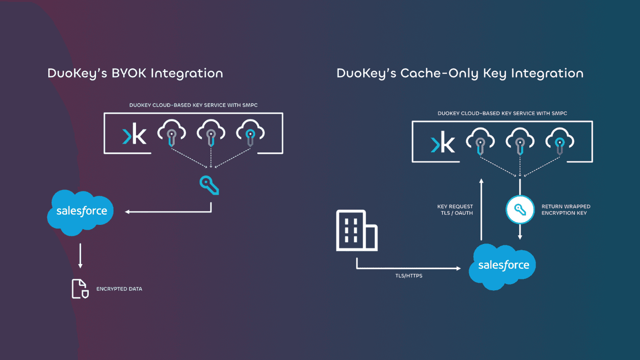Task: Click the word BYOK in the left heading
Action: tap(129, 73)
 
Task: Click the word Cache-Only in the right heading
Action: tap(440, 73)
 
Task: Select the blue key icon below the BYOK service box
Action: tap(209, 185)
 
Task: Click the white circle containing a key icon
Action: tap(520, 210)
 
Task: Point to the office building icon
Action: tap(357, 231)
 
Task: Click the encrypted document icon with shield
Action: tap(80, 289)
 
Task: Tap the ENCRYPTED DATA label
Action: tap(119, 289)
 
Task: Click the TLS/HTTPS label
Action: tap(409, 275)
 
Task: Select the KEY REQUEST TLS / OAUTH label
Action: tap(455, 210)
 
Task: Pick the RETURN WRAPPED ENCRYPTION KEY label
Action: tap(566, 210)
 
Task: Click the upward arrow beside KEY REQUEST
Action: tap(482, 210)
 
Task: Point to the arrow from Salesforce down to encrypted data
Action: tap(80, 256)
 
